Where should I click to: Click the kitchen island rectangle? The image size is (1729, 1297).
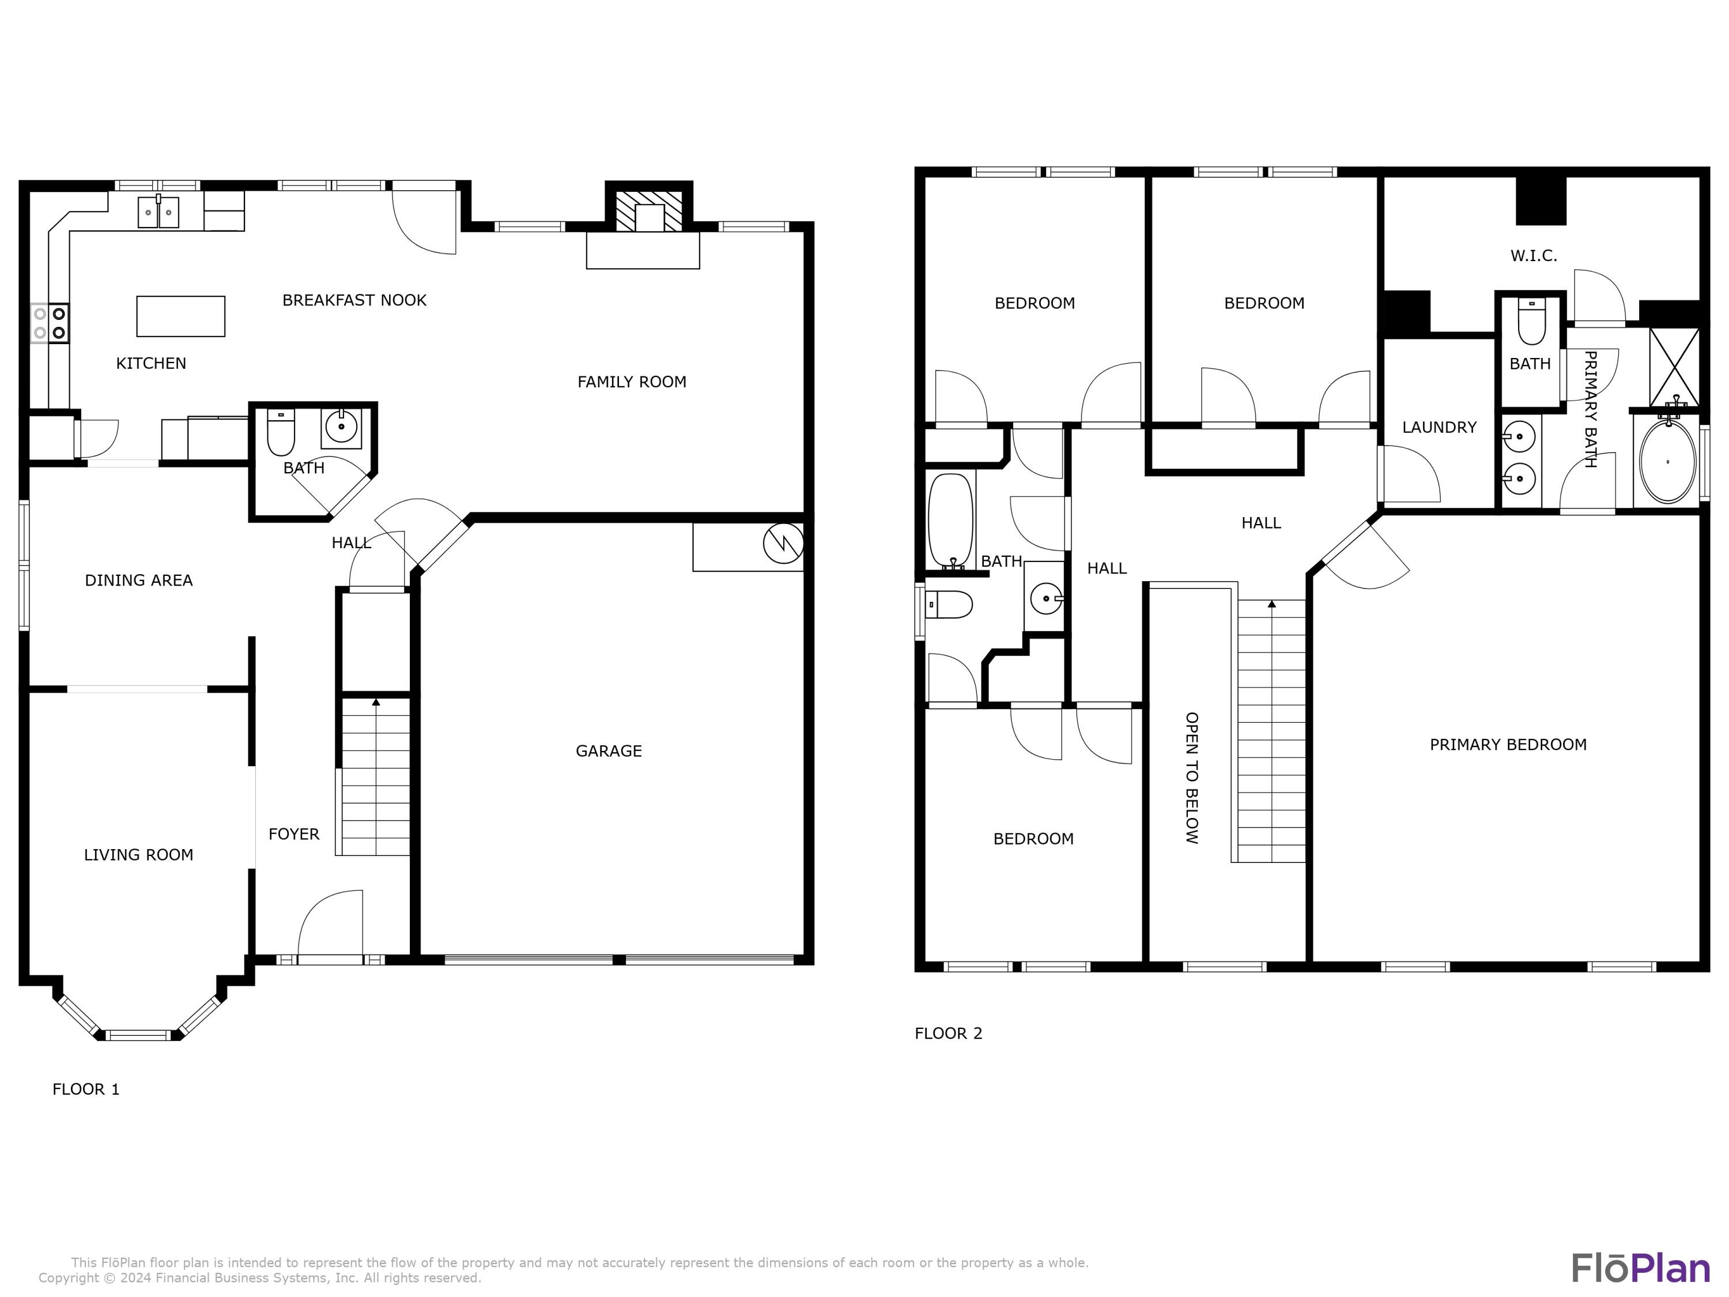pos(180,316)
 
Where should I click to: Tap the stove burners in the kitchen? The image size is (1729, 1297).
pos(49,323)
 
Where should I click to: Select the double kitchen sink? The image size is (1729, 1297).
pos(158,212)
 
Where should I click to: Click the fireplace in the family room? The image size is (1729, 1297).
pos(649,215)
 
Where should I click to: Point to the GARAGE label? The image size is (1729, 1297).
pos(608,751)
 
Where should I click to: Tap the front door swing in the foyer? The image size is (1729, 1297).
pos(331,923)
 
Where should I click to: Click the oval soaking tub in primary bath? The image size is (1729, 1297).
pos(1667,462)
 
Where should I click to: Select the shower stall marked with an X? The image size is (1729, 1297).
pos(1674,366)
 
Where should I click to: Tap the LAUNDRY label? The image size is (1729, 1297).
pos(1439,428)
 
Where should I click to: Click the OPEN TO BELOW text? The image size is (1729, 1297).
pos(1191,777)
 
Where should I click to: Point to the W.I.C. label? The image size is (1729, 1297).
pos(1534,255)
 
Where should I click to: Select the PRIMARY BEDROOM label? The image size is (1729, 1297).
pos(1508,745)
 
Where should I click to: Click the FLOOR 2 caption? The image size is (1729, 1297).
pos(948,1034)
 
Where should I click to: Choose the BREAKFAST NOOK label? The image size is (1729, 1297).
pos(354,300)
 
